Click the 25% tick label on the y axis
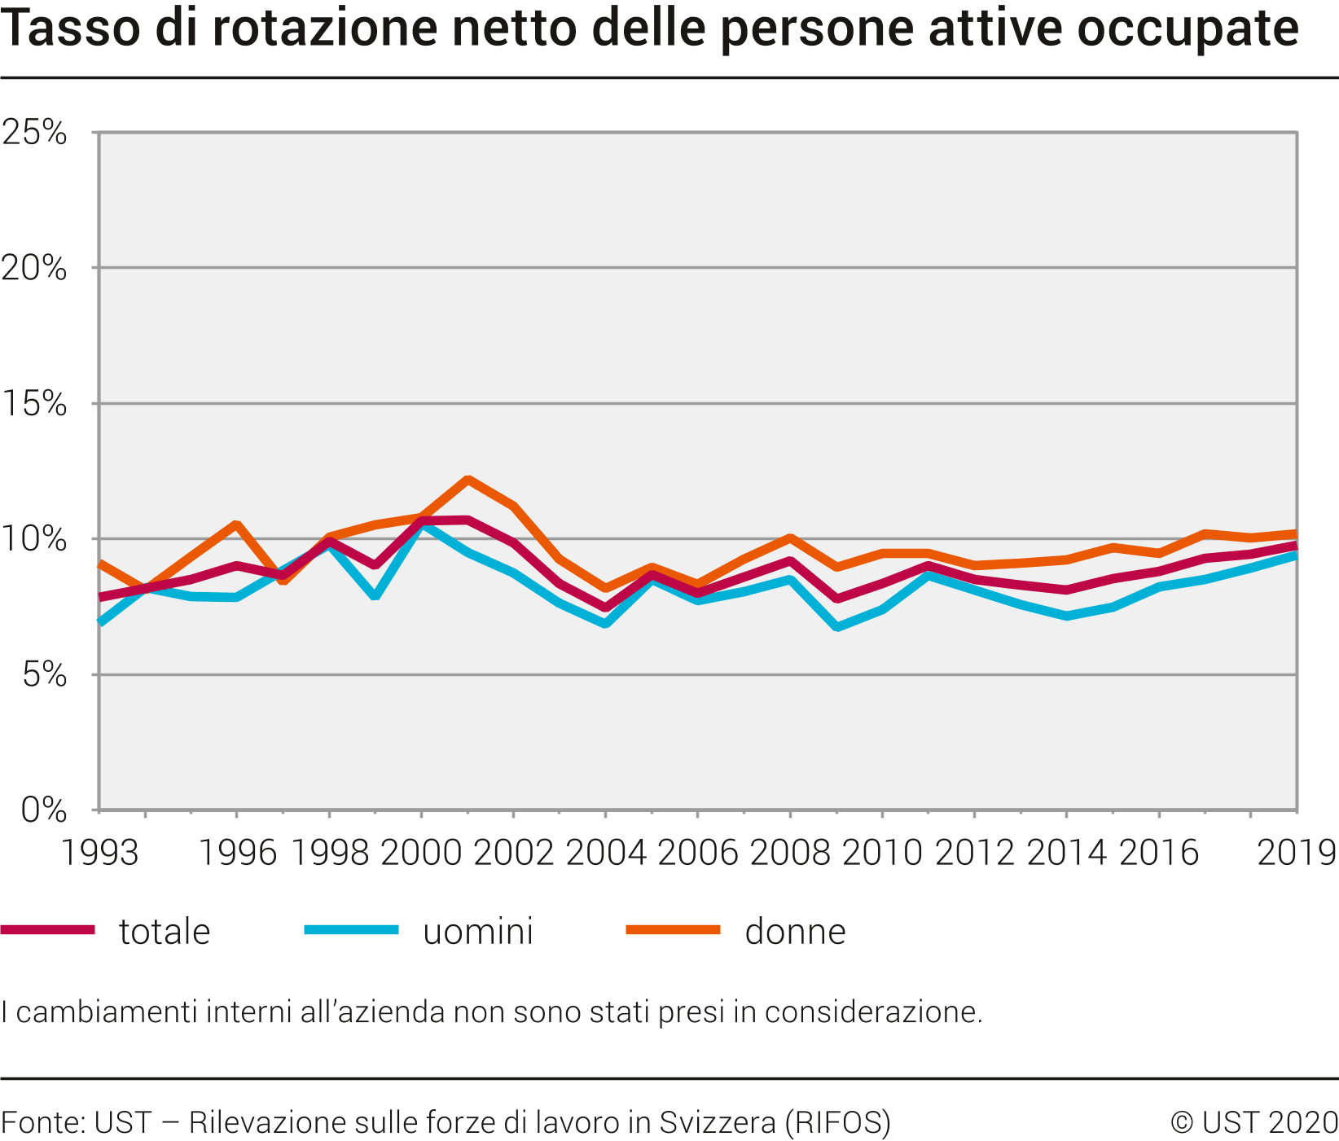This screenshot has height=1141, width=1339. (x=34, y=132)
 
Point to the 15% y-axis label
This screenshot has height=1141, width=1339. (x=34, y=403)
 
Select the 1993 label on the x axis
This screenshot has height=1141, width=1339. (x=100, y=853)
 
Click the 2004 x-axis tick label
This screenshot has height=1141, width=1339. (x=605, y=853)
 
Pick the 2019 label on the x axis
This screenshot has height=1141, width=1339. (x=1297, y=853)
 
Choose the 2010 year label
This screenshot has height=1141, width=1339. (x=882, y=853)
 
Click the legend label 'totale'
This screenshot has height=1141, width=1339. (x=165, y=932)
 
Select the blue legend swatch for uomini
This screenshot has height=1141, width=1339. (x=351, y=929)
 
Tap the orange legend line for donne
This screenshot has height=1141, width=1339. (x=673, y=929)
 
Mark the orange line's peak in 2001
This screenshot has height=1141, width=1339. (x=468, y=479)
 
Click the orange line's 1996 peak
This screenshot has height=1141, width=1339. (x=236, y=524)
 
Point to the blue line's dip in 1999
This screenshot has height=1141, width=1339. (x=375, y=596)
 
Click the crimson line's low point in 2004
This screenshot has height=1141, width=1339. (x=605, y=608)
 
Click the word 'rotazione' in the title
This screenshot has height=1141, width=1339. (x=327, y=29)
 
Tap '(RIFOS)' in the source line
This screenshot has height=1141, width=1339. (x=837, y=1122)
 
